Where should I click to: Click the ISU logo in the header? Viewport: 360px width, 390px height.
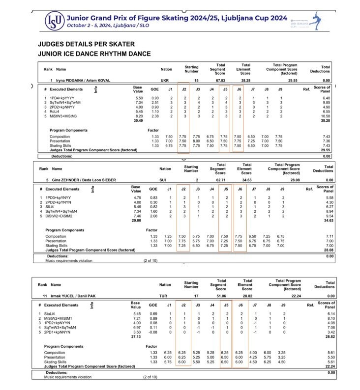[x=54, y=20]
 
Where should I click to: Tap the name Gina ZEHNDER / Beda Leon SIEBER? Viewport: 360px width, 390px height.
[x=81, y=180]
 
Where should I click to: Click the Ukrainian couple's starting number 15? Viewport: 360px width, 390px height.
[x=196, y=80]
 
